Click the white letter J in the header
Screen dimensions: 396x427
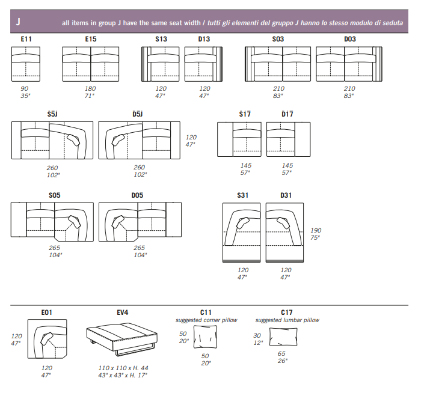click(x=18, y=22)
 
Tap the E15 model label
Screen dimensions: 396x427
click(x=91, y=39)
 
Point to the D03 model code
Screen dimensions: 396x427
click(x=349, y=39)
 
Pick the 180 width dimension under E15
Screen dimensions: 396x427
click(x=90, y=88)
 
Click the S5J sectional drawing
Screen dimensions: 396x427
click(x=52, y=140)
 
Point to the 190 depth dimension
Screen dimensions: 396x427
click(x=316, y=230)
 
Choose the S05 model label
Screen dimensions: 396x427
click(x=55, y=195)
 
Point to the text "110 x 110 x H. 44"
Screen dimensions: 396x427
click(x=122, y=367)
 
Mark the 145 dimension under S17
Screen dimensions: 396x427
click(x=245, y=165)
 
